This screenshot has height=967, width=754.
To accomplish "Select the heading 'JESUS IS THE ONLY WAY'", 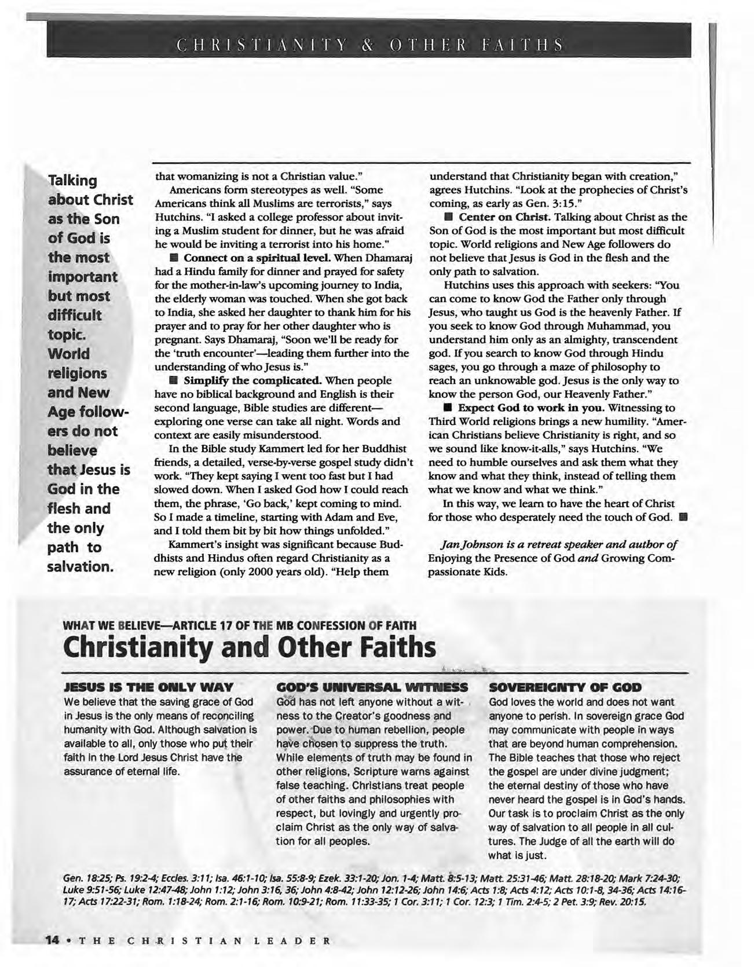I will tap(148, 687).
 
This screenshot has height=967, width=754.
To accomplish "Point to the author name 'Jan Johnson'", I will tap(470, 544).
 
